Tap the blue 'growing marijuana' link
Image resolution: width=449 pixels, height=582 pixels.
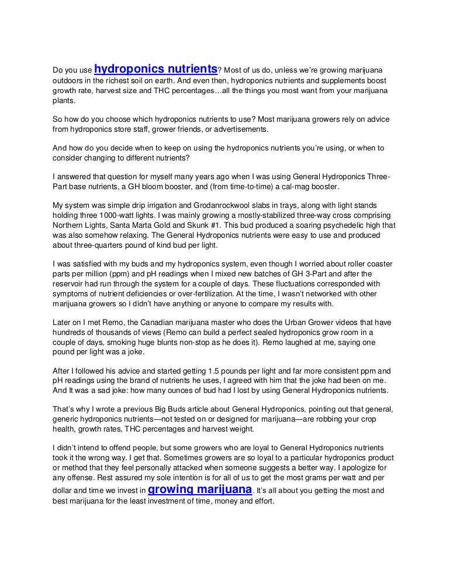pos(201,489)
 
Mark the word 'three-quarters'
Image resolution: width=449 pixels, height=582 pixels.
pos(78,245)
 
